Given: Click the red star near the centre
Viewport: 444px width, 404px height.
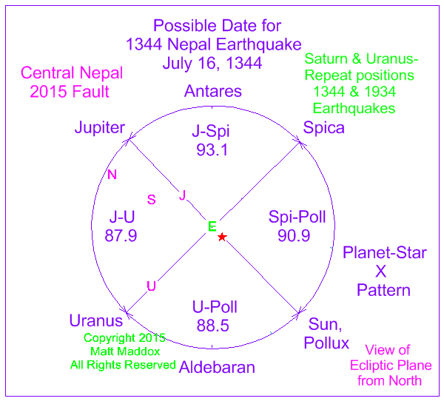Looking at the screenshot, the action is [x=222, y=237].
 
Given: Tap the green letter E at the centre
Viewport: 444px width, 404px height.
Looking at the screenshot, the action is [x=212, y=226].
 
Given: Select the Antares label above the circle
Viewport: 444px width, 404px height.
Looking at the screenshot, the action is [x=213, y=91].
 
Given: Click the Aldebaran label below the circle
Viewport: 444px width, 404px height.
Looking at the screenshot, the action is [x=217, y=367].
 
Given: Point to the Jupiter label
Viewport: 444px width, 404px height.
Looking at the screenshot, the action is [x=100, y=127].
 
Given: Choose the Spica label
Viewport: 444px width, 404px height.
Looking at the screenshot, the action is [x=323, y=127].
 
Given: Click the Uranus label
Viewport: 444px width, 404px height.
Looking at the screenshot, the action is [x=96, y=321].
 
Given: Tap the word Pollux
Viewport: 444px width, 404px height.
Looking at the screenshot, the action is [x=326, y=343].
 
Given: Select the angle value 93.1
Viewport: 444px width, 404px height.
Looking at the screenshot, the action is [x=212, y=149].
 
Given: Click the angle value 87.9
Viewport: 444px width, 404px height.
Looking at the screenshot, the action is [x=121, y=235].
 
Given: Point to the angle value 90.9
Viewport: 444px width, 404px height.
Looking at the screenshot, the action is [x=294, y=235].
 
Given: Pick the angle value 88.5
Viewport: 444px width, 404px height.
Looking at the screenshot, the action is [x=213, y=326].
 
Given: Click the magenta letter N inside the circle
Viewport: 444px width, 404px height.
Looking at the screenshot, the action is [x=112, y=175].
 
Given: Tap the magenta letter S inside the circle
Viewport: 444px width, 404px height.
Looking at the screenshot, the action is [x=152, y=200].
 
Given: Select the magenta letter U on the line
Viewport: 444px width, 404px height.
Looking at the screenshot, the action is [x=152, y=286].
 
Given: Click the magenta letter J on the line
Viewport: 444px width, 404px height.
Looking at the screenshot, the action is [x=183, y=195].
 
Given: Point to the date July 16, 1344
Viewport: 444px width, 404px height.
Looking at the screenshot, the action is [x=212, y=64].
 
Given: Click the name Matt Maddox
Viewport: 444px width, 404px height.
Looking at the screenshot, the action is [x=125, y=351].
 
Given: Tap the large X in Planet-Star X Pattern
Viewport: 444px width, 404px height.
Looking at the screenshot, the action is [x=381, y=272].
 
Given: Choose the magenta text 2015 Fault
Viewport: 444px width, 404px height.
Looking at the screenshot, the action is [x=70, y=92].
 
